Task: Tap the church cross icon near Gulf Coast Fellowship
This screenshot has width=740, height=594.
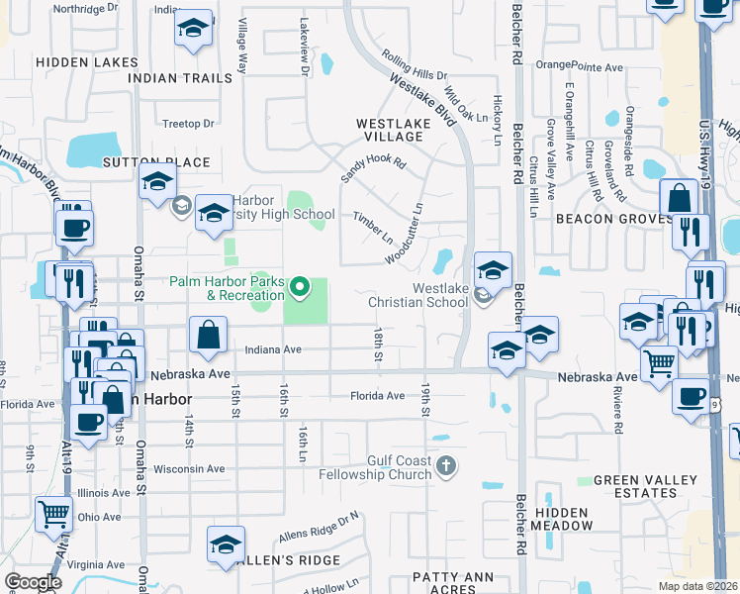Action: [x=446, y=464]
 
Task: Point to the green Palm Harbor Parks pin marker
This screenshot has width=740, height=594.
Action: [x=301, y=289]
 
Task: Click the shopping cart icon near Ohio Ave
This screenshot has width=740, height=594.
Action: [x=53, y=512]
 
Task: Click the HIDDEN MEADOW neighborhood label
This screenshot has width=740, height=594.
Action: [x=562, y=517]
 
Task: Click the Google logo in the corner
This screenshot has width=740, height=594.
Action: [x=32, y=582]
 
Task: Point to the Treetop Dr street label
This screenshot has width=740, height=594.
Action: [x=188, y=124]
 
